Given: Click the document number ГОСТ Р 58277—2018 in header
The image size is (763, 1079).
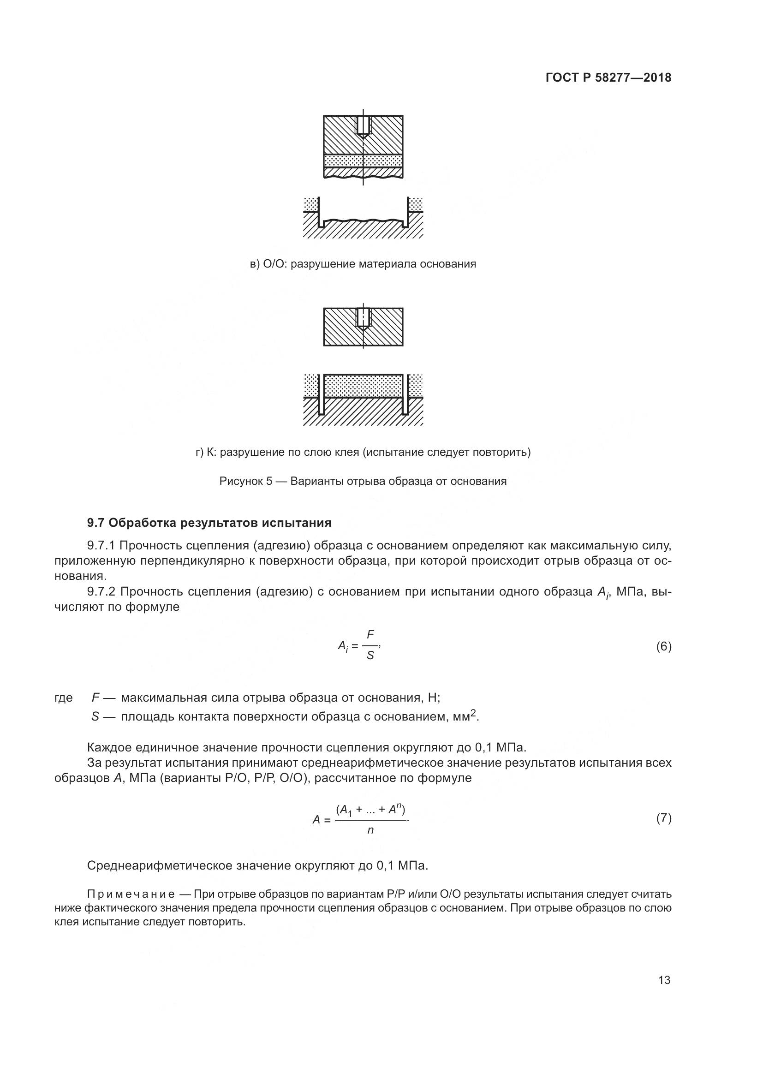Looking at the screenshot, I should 608,78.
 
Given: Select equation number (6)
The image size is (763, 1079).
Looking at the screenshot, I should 663,647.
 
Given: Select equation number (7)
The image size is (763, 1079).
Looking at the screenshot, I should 663,818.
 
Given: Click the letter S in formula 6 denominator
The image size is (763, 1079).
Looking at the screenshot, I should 370,656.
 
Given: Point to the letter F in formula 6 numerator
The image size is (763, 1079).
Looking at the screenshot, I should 370,635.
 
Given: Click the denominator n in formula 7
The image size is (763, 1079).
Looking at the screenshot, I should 370,830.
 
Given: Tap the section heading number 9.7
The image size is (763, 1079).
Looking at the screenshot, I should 98,523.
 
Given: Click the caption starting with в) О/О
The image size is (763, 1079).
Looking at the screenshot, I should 363,264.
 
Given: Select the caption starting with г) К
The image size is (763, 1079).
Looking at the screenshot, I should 363,452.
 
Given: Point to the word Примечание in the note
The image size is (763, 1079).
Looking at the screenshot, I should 131,894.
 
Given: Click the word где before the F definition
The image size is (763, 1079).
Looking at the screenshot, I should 63,697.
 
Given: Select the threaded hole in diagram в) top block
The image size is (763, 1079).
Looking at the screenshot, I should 363,125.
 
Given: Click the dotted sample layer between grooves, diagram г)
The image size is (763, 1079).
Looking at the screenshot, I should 363,385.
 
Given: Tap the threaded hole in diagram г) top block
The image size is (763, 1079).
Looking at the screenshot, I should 363,318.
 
